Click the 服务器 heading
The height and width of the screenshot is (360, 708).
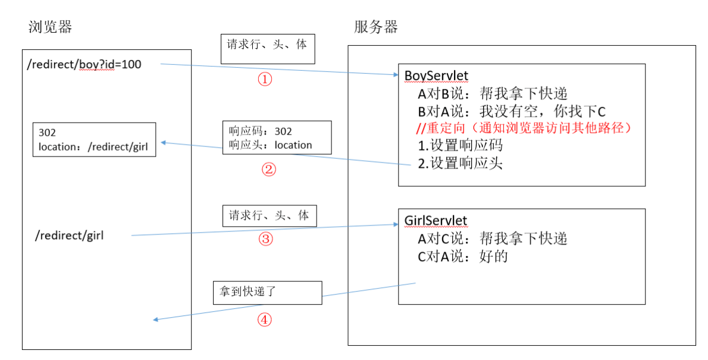375,27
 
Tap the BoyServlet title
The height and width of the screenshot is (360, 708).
436,76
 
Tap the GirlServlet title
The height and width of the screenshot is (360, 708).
436,221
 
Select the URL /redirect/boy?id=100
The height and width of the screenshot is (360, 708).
84,64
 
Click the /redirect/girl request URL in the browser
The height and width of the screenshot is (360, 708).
70,236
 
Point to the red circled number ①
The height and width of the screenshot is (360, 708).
265,80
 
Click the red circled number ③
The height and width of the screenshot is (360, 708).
265,239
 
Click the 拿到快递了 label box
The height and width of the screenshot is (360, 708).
267,293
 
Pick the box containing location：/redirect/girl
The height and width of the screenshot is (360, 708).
94,140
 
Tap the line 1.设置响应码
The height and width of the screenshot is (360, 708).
460,146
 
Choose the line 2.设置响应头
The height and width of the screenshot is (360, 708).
460,163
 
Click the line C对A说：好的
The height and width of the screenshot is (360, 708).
462,257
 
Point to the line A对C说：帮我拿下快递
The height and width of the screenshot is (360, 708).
492,239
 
